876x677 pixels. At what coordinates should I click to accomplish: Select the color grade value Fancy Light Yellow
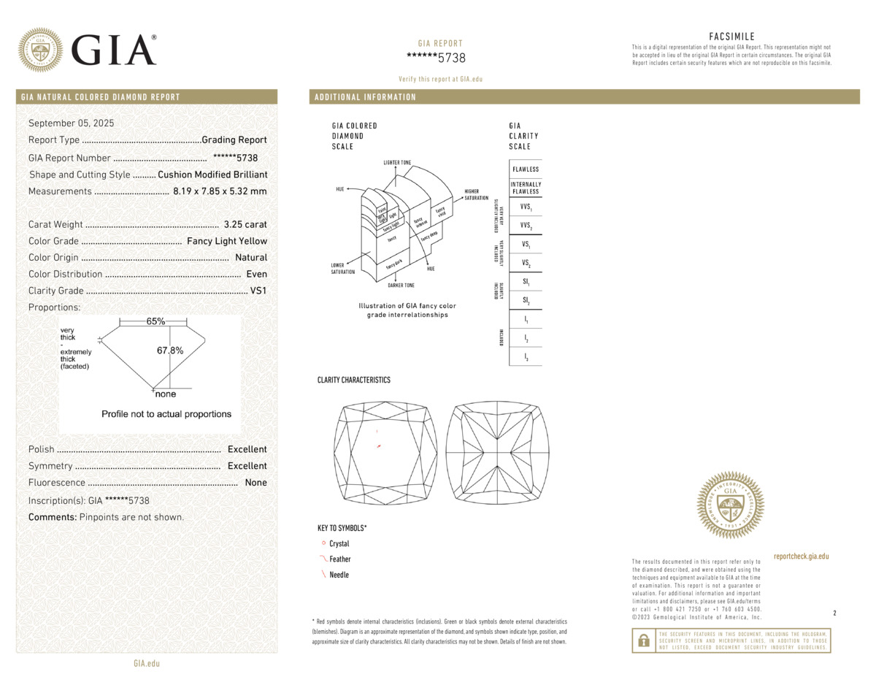click(x=227, y=241)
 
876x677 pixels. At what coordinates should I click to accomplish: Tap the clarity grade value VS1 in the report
click(x=258, y=291)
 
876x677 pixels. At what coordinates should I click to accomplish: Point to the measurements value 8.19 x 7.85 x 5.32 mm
click(x=220, y=191)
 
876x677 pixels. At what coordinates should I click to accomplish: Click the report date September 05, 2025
click(x=71, y=123)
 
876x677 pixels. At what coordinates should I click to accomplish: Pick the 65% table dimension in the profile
click(x=155, y=321)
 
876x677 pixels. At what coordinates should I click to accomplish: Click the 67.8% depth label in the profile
click(x=170, y=351)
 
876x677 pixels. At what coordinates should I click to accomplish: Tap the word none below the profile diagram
click(x=166, y=394)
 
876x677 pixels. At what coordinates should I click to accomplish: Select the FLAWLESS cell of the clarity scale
click(x=526, y=169)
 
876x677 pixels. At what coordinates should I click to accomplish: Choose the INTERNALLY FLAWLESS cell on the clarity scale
click(x=526, y=188)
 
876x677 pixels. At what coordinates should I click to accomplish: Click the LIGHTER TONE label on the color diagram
click(x=397, y=161)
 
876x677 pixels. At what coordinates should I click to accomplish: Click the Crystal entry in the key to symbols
click(x=339, y=544)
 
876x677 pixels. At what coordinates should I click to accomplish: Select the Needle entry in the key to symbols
click(x=339, y=575)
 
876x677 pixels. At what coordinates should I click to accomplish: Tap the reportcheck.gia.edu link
click(x=801, y=556)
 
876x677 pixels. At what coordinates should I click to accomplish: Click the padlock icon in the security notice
click(x=643, y=641)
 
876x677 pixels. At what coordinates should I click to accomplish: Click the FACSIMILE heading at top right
click(x=731, y=37)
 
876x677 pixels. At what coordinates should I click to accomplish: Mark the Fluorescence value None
click(x=256, y=483)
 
